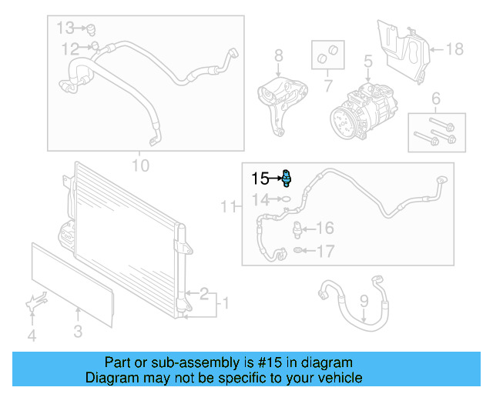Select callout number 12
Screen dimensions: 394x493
tap(70, 49)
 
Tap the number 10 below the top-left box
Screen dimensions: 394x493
tap(140, 165)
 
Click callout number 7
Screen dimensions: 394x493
tap(328, 84)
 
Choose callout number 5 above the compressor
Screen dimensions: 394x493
tap(367, 59)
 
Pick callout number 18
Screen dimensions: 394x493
tap(454, 49)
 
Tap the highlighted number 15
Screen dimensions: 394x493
tap(260, 179)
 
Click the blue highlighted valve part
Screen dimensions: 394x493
tap(287, 179)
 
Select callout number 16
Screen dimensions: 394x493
tap(325, 228)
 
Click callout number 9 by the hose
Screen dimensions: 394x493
tap(364, 302)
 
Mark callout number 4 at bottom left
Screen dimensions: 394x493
tap(32, 335)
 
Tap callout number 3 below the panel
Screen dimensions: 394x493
tap(78, 332)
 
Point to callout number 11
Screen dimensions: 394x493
tap(227, 206)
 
